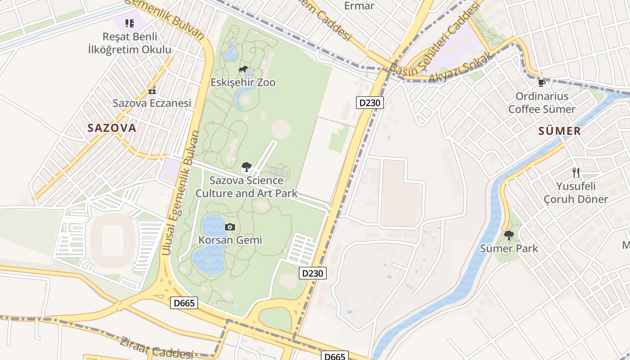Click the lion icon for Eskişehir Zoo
[243, 69]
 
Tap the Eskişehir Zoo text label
[243, 83]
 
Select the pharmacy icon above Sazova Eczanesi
[152, 90]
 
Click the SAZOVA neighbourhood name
[112, 128]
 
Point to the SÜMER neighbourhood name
[560, 131]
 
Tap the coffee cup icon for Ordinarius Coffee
[542, 83]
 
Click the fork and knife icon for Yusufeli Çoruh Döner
[576, 172]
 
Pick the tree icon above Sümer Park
[509, 235]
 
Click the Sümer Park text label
[509, 248]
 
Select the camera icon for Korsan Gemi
[230, 227]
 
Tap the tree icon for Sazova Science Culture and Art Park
[246, 168]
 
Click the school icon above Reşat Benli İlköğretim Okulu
[130, 23]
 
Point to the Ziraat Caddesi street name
[156, 348]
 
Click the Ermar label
[359, 6]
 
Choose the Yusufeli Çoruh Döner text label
[576, 193]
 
